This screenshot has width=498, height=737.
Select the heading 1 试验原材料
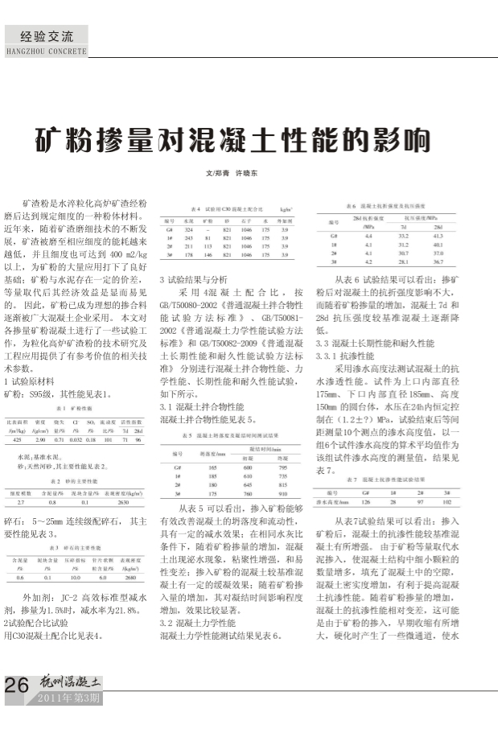click(x=35, y=380)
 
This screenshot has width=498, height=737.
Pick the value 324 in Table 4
click(x=190, y=229)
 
